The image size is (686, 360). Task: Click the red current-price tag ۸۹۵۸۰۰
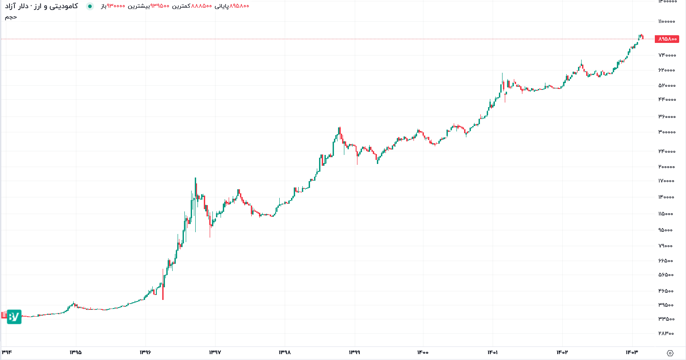(x=667, y=39)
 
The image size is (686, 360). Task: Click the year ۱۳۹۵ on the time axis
(x=76, y=352)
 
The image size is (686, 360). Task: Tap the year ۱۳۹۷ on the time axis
(x=215, y=352)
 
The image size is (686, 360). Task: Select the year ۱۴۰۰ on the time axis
(x=423, y=352)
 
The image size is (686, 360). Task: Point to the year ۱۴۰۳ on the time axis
(x=632, y=352)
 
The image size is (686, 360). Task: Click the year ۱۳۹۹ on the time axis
(x=354, y=352)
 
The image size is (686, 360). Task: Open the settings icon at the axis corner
(x=670, y=353)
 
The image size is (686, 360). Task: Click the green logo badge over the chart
(x=14, y=317)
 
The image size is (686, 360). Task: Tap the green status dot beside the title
(x=90, y=6)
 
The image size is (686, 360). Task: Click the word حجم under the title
(x=11, y=17)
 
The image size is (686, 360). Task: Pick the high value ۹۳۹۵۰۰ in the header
(x=160, y=6)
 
